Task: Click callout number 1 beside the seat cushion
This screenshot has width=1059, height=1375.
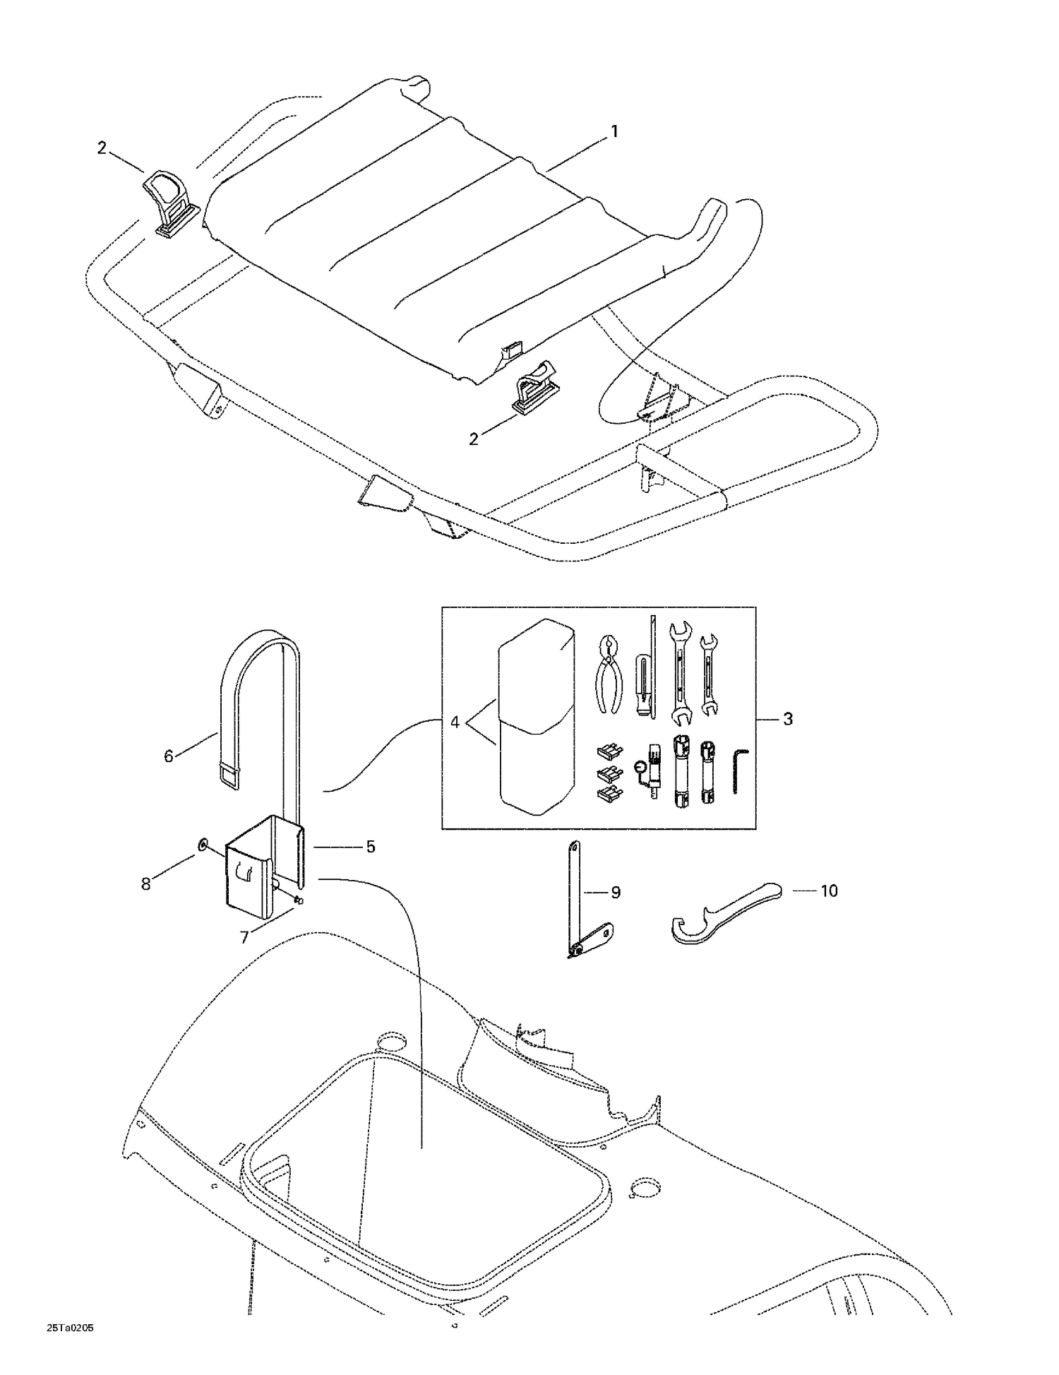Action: [x=614, y=131]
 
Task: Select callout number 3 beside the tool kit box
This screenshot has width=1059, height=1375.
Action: [x=788, y=719]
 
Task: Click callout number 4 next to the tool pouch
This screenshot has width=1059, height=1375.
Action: [x=455, y=722]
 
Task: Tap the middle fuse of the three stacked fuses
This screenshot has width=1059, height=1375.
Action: [x=608, y=773]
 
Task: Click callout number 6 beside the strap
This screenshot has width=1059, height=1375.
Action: [x=168, y=756]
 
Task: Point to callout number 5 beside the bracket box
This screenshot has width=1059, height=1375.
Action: [x=370, y=847]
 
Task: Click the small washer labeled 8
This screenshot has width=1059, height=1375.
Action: [x=203, y=844]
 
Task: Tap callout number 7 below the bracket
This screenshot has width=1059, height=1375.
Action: [x=244, y=937]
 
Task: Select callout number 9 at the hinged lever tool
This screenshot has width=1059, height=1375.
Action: [x=615, y=893]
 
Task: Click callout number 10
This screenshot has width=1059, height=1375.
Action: [x=828, y=891]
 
